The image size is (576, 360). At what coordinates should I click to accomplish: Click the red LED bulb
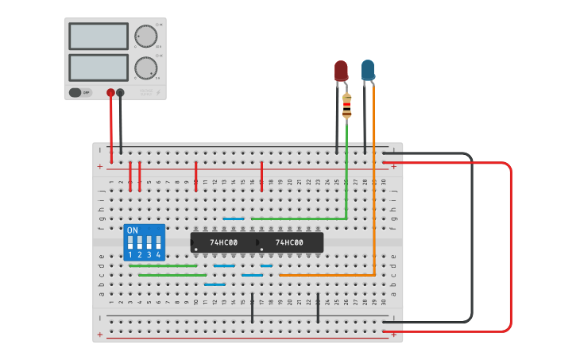click(341, 70)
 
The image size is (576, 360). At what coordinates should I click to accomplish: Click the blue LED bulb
click(367, 69)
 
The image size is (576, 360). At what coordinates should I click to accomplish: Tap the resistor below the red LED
click(346, 106)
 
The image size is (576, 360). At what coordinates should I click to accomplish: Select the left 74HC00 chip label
click(223, 242)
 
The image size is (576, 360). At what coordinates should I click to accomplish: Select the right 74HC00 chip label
click(289, 242)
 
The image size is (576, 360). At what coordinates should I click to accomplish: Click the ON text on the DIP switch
click(133, 230)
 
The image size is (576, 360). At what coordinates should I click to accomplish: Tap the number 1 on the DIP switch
click(130, 254)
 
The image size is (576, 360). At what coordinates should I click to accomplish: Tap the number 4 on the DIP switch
click(158, 254)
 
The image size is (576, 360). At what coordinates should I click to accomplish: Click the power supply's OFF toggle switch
click(79, 92)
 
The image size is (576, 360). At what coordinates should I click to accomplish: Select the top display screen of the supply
click(99, 37)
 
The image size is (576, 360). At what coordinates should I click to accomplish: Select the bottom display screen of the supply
click(99, 67)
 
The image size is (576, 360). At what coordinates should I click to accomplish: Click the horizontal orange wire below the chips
click(326, 275)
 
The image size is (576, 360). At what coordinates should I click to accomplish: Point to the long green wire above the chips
click(298, 219)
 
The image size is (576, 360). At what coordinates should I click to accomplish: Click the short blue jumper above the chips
click(234, 219)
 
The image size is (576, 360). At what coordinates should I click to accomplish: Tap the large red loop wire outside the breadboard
click(510, 246)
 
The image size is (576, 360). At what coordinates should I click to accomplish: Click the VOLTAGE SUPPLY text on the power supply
click(146, 92)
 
